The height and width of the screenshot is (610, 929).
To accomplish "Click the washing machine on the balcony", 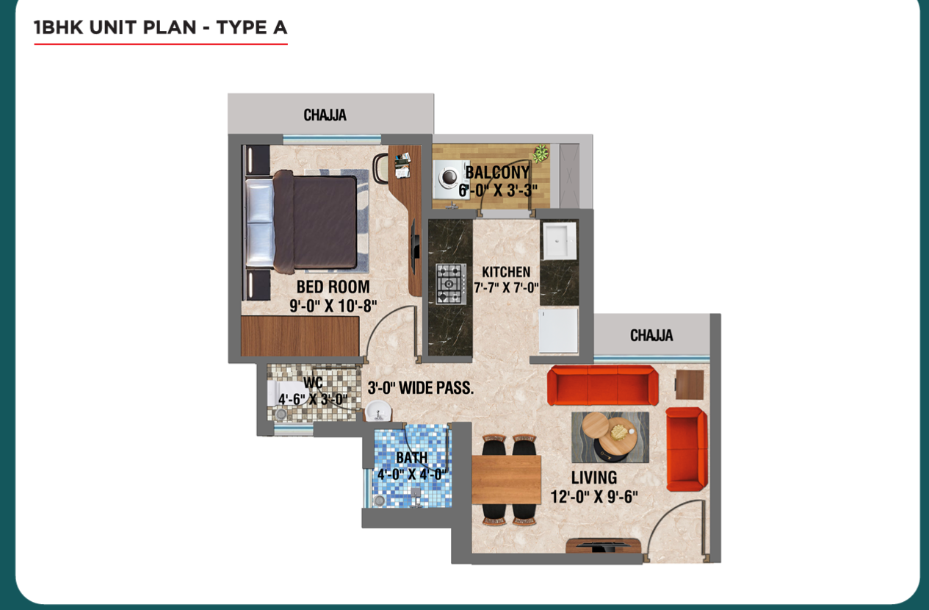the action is tap(451, 179).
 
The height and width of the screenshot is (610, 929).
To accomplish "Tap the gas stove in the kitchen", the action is tap(450, 284).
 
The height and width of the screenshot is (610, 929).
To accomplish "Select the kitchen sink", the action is tap(560, 241).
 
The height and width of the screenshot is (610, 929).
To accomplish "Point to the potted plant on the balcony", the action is tap(541, 153).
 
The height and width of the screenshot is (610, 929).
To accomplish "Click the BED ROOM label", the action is tap(333, 287).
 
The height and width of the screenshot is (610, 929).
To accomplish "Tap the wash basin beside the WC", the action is tap(378, 411).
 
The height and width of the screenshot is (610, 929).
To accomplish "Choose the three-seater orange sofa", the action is tap(603, 385).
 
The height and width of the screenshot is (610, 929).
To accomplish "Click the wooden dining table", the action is tap(507, 480).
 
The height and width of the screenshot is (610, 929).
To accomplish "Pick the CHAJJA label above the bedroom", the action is tap(325, 115).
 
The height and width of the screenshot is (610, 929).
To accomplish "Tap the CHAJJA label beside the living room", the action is tap(651, 335).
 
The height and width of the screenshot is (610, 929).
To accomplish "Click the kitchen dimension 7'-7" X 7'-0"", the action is tap(507, 287).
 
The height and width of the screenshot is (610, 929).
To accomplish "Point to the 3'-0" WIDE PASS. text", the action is tap(421, 388).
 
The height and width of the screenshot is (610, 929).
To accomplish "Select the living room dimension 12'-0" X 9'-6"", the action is tap(594, 496).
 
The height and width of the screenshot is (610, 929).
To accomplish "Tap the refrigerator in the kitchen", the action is tap(558, 331).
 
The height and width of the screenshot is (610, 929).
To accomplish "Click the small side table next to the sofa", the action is tap(690, 384).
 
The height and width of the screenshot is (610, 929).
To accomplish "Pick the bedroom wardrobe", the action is tap(300, 336).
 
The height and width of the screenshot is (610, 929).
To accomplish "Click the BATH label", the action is tap(411, 458).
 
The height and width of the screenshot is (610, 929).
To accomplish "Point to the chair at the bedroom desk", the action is tap(380, 168).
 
